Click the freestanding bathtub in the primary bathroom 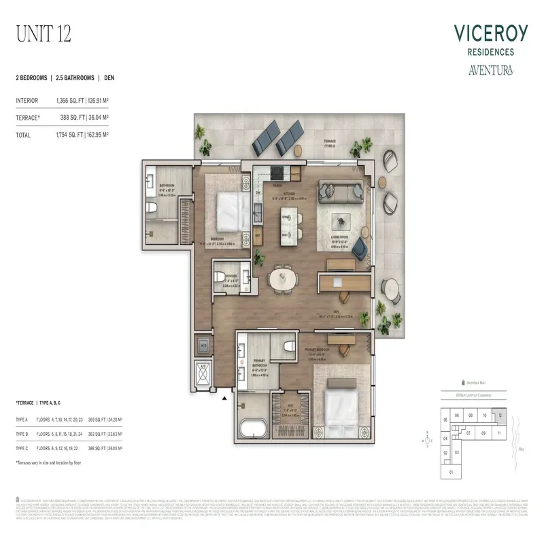coord(254,428)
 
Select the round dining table coord(282,279)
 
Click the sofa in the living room coord(341,193)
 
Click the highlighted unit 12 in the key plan coord(501,415)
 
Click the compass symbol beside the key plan coord(427,439)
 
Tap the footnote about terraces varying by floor coord(49,463)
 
